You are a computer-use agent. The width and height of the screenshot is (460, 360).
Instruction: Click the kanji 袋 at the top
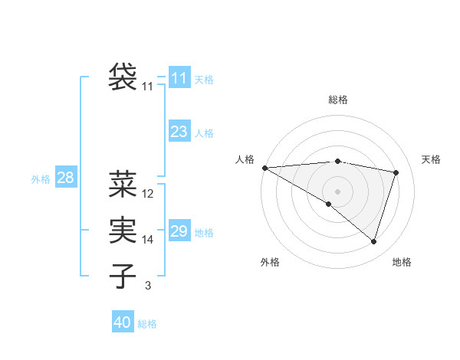click(123, 76)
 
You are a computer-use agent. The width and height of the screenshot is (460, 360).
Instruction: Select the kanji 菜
click(123, 184)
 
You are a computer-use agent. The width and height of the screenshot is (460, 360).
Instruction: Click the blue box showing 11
click(179, 78)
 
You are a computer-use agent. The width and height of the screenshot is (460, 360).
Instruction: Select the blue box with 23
click(179, 132)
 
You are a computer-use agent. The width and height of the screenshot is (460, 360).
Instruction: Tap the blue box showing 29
click(179, 231)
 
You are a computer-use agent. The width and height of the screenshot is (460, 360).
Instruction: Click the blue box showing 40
click(123, 322)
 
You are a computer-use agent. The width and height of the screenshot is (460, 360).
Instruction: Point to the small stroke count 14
click(148, 240)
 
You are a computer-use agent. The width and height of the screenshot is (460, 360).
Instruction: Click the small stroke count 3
click(148, 286)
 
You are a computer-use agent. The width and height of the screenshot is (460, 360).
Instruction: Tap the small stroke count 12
click(148, 194)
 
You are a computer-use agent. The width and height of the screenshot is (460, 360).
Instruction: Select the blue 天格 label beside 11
click(204, 79)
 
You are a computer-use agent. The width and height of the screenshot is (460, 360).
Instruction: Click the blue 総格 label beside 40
click(147, 324)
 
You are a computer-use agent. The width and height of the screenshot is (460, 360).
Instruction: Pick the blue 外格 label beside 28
click(41, 179)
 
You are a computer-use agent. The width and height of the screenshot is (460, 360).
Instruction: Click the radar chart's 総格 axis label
click(337, 100)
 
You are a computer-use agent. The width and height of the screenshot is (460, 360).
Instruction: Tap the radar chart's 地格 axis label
click(402, 262)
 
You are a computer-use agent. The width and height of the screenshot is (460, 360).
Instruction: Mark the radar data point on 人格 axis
click(264, 167)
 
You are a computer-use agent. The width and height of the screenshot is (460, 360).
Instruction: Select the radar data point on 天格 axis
click(396, 172)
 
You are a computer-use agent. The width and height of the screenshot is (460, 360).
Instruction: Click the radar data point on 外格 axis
click(329, 204)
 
